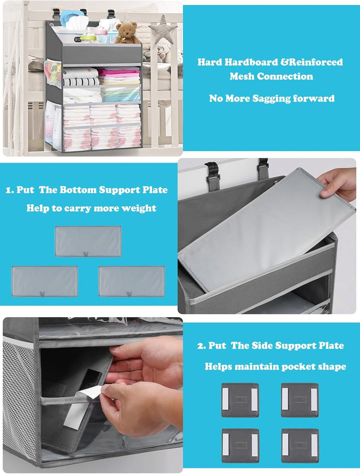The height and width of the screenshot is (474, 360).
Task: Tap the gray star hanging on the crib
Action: [163, 30]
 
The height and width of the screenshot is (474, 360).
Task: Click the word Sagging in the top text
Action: [271, 98]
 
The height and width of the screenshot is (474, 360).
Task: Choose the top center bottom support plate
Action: [88, 242]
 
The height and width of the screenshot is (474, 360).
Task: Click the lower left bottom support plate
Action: [44, 281]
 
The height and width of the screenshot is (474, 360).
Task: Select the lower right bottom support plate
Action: [131, 281]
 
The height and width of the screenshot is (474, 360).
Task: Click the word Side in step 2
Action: [262, 345]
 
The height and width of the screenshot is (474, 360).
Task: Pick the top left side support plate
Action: [240, 400]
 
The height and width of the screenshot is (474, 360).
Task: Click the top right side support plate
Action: [300, 400]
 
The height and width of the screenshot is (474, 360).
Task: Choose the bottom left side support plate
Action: [240, 445]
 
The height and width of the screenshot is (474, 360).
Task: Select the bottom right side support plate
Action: [300, 445]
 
